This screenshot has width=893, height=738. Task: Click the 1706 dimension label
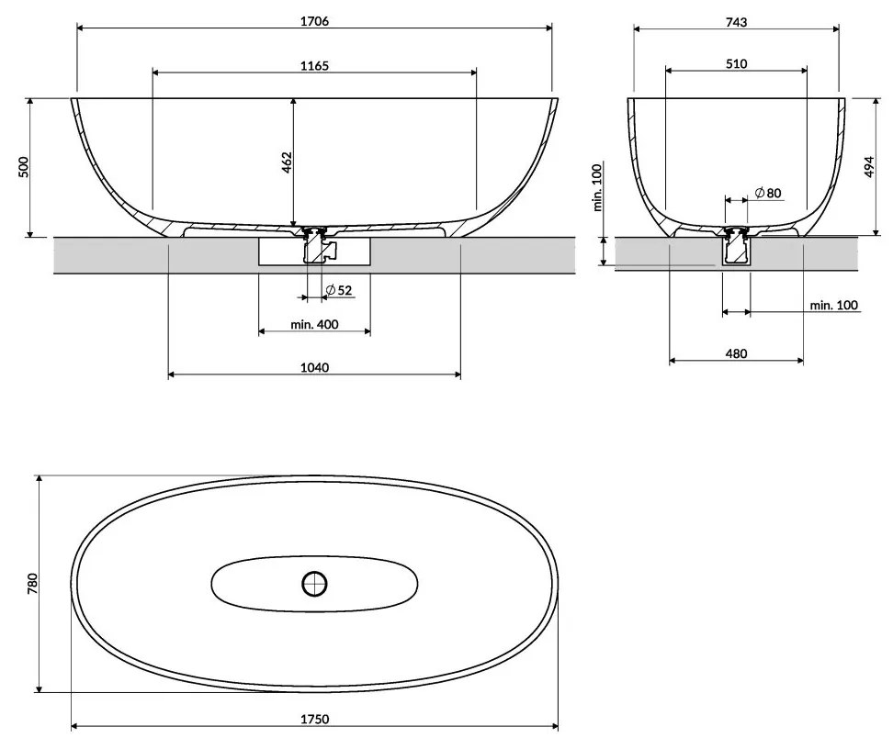click(314, 20)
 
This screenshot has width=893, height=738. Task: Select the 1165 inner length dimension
click(314, 65)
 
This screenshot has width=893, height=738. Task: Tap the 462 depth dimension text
click(286, 162)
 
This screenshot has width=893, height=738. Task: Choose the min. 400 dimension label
click(314, 324)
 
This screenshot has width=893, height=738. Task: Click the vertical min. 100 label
click(596, 188)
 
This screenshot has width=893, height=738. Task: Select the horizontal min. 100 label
click(833, 305)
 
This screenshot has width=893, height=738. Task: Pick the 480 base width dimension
click(736, 353)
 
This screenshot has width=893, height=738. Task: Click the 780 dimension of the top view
click(31, 584)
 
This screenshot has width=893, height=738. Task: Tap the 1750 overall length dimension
click(314, 719)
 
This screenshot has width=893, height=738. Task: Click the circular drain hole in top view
click(314, 582)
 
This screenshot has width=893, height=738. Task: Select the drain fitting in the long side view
click(316, 246)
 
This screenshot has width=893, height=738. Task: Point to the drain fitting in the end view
click(736, 246)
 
